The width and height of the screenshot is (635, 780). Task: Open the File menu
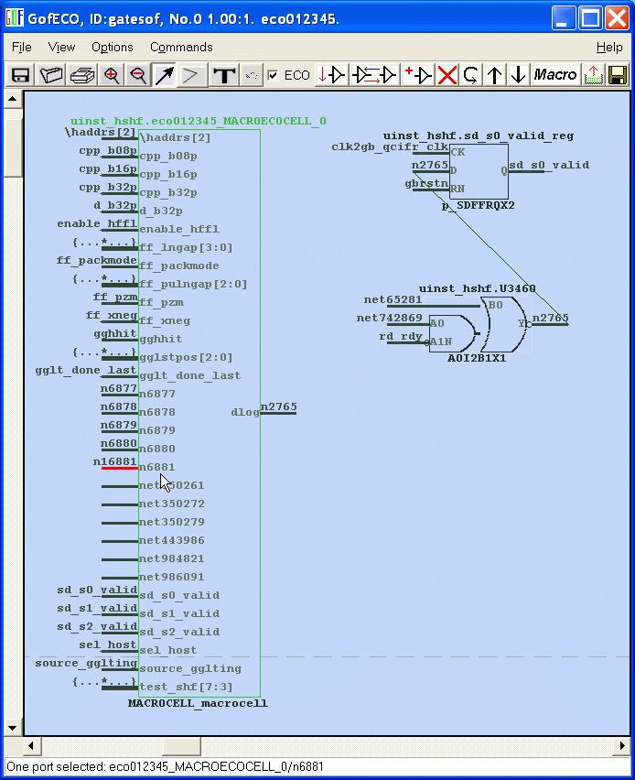(x=21, y=47)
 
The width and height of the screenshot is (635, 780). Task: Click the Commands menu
(x=181, y=47)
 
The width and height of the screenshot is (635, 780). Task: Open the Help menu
(x=609, y=47)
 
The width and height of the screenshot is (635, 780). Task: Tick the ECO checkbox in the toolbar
(x=273, y=75)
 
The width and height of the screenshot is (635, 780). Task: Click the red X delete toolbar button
(x=447, y=75)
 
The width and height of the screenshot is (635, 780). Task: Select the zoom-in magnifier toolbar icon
(x=112, y=75)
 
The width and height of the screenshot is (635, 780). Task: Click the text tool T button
(x=222, y=75)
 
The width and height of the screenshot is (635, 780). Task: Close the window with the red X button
(x=615, y=17)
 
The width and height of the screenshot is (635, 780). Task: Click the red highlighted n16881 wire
(x=119, y=467)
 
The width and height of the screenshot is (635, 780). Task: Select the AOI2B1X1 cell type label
(x=477, y=358)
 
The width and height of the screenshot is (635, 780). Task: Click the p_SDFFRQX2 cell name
(x=478, y=205)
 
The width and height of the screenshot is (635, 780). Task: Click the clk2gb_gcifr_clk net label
(x=389, y=146)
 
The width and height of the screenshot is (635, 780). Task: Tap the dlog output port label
(x=244, y=412)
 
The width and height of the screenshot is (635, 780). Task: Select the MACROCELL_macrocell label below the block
(x=198, y=703)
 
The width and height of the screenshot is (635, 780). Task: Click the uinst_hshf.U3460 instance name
(x=477, y=288)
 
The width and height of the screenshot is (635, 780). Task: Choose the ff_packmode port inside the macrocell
(x=178, y=265)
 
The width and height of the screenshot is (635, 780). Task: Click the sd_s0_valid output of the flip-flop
(x=549, y=166)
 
